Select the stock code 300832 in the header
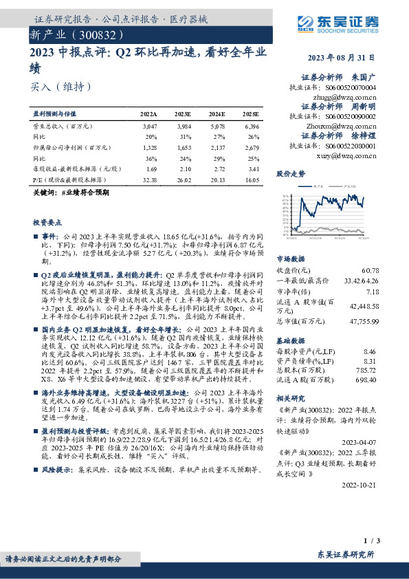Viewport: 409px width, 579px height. tap(102, 34)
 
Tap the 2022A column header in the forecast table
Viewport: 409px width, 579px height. tap(148, 113)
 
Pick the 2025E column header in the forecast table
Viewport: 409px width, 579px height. tap(250, 113)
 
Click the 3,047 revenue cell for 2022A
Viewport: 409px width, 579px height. tap(149, 127)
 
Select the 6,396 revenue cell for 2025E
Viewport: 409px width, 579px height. tap(252, 127)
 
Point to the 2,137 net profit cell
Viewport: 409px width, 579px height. tap(217, 146)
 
